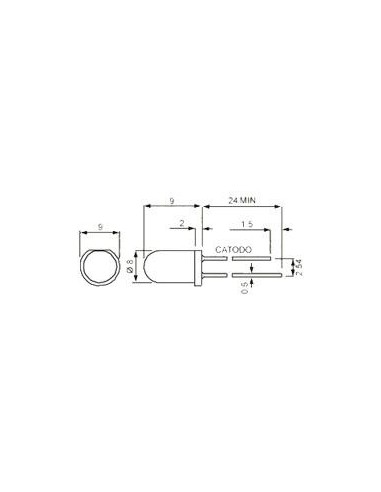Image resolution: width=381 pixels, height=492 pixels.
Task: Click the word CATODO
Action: (x=233, y=250)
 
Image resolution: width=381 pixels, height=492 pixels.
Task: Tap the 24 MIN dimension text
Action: (x=242, y=200)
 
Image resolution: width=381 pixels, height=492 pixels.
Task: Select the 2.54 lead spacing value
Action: (x=299, y=267)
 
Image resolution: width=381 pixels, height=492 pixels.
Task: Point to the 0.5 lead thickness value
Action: (x=245, y=288)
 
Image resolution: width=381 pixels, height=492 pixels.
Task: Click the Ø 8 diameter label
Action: (x=130, y=267)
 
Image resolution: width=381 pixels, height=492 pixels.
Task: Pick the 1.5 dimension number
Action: (x=247, y=224)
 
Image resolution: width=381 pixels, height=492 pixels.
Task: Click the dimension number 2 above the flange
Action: (x=182, y=223)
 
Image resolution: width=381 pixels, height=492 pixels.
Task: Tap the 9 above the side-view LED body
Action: (x=172, y=201)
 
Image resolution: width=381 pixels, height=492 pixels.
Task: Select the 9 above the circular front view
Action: (x=100, y=227)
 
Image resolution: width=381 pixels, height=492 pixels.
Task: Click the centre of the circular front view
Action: (x=100, y=267)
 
